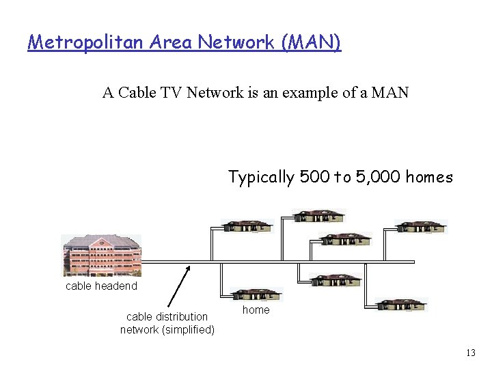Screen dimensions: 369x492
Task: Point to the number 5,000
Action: click(377, 178)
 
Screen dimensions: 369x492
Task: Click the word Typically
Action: click(261, 178)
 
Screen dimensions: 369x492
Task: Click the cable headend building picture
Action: click(102, 255)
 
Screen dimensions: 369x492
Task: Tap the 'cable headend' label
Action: click(101, 286)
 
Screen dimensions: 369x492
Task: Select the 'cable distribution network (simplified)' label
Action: click(167, 323)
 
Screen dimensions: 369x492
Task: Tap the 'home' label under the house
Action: click(256, 310)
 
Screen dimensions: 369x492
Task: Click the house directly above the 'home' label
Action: click(256, 295)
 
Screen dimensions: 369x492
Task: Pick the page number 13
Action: click(470, 353)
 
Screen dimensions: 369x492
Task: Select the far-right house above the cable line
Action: click(421, 226)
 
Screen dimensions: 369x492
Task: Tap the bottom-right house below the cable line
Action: click(401, 305)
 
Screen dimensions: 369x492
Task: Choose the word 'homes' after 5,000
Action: click(429, 178)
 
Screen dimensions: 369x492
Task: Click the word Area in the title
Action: click(173, 42)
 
